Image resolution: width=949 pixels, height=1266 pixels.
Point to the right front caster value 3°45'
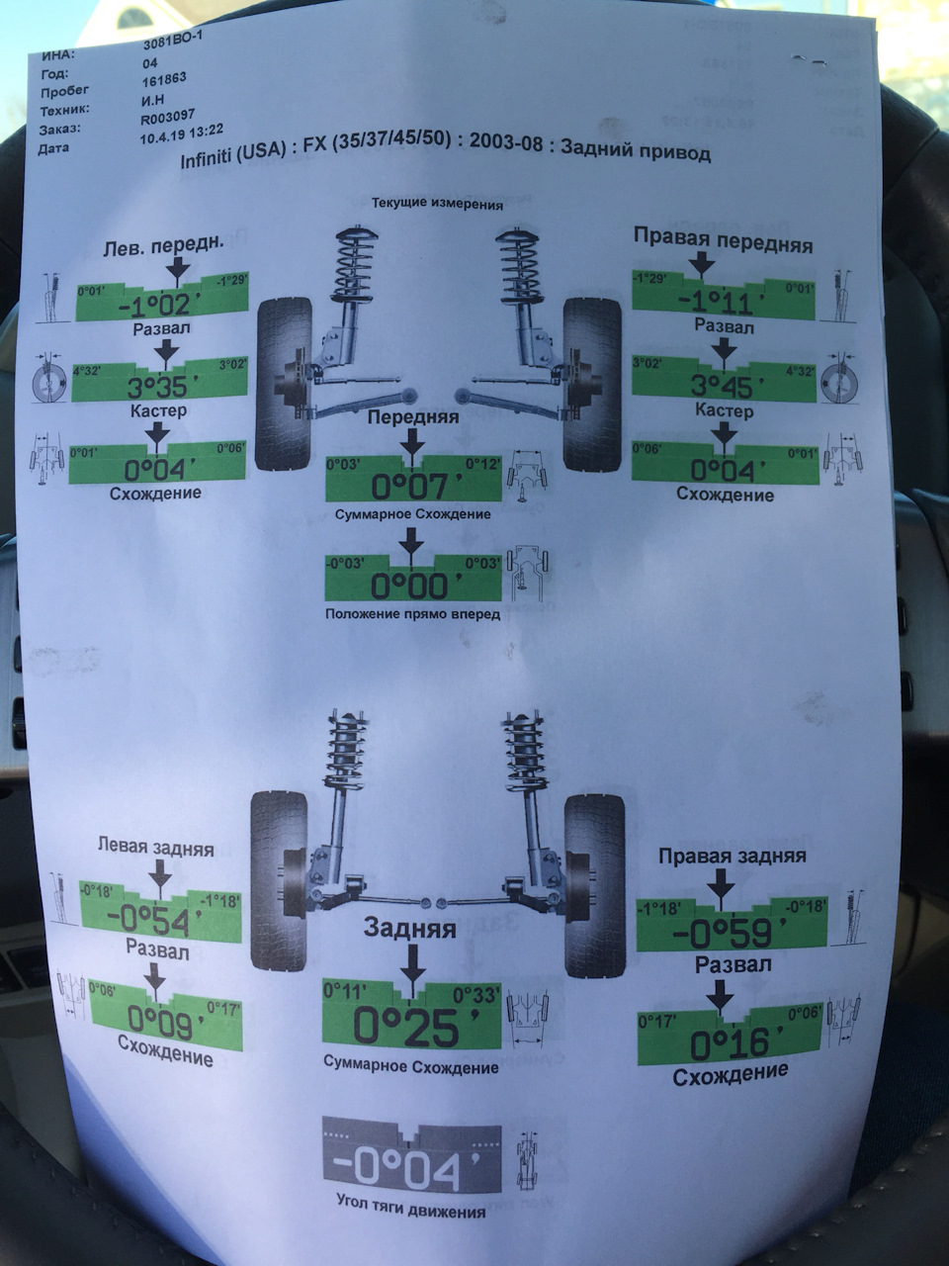click(723, 385)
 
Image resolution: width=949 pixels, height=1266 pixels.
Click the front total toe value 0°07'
click(416, 486)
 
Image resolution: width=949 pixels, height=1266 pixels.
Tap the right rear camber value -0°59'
click(729, 933)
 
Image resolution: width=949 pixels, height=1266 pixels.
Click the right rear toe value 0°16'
click(730, 1044)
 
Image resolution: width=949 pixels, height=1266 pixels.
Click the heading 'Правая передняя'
click(723, 242)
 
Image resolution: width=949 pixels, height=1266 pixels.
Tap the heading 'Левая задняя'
click(155, 848)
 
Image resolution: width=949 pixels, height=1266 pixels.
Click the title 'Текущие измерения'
click(437, 205)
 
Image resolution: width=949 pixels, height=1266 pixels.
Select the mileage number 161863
click(164, 78)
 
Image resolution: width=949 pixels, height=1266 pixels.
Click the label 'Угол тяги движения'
click(409, 1212)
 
